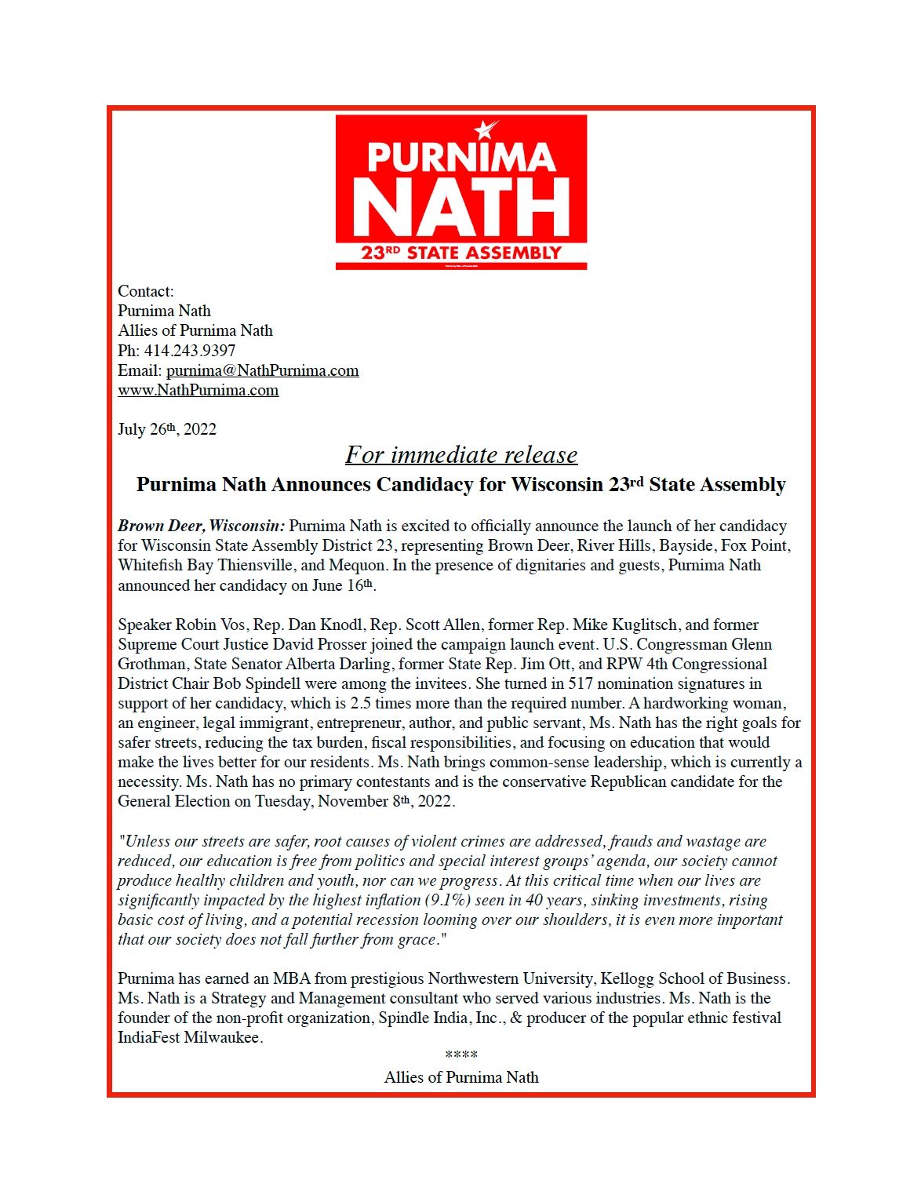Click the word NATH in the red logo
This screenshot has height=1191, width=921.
pyautogui.click(x=461, y=206)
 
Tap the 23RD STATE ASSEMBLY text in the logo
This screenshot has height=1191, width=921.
pyautogui.click(x=461, y=253)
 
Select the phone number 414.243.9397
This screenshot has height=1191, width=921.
pyautogui.click(x=189, y=351)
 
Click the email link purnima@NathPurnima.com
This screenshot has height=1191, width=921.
pyautogui.click(x=262, y=370)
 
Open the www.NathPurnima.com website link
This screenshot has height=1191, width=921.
pyautogui.click(x=198, y=390)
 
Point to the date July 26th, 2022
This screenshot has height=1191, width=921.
pyautogui.click(x=167, y=429)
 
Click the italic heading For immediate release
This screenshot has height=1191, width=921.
pyautogui.click(x=461, y=455)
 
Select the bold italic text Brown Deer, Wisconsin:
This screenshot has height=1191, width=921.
pyautogui.click(x=202, y=526)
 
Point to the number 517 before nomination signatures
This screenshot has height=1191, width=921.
pyautogui.click(x=581, y=683)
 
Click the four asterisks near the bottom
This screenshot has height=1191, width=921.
pyautogui.click(x=461, y=1056)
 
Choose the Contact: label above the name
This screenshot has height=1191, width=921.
pyautogui.click(x=146, y=291)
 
